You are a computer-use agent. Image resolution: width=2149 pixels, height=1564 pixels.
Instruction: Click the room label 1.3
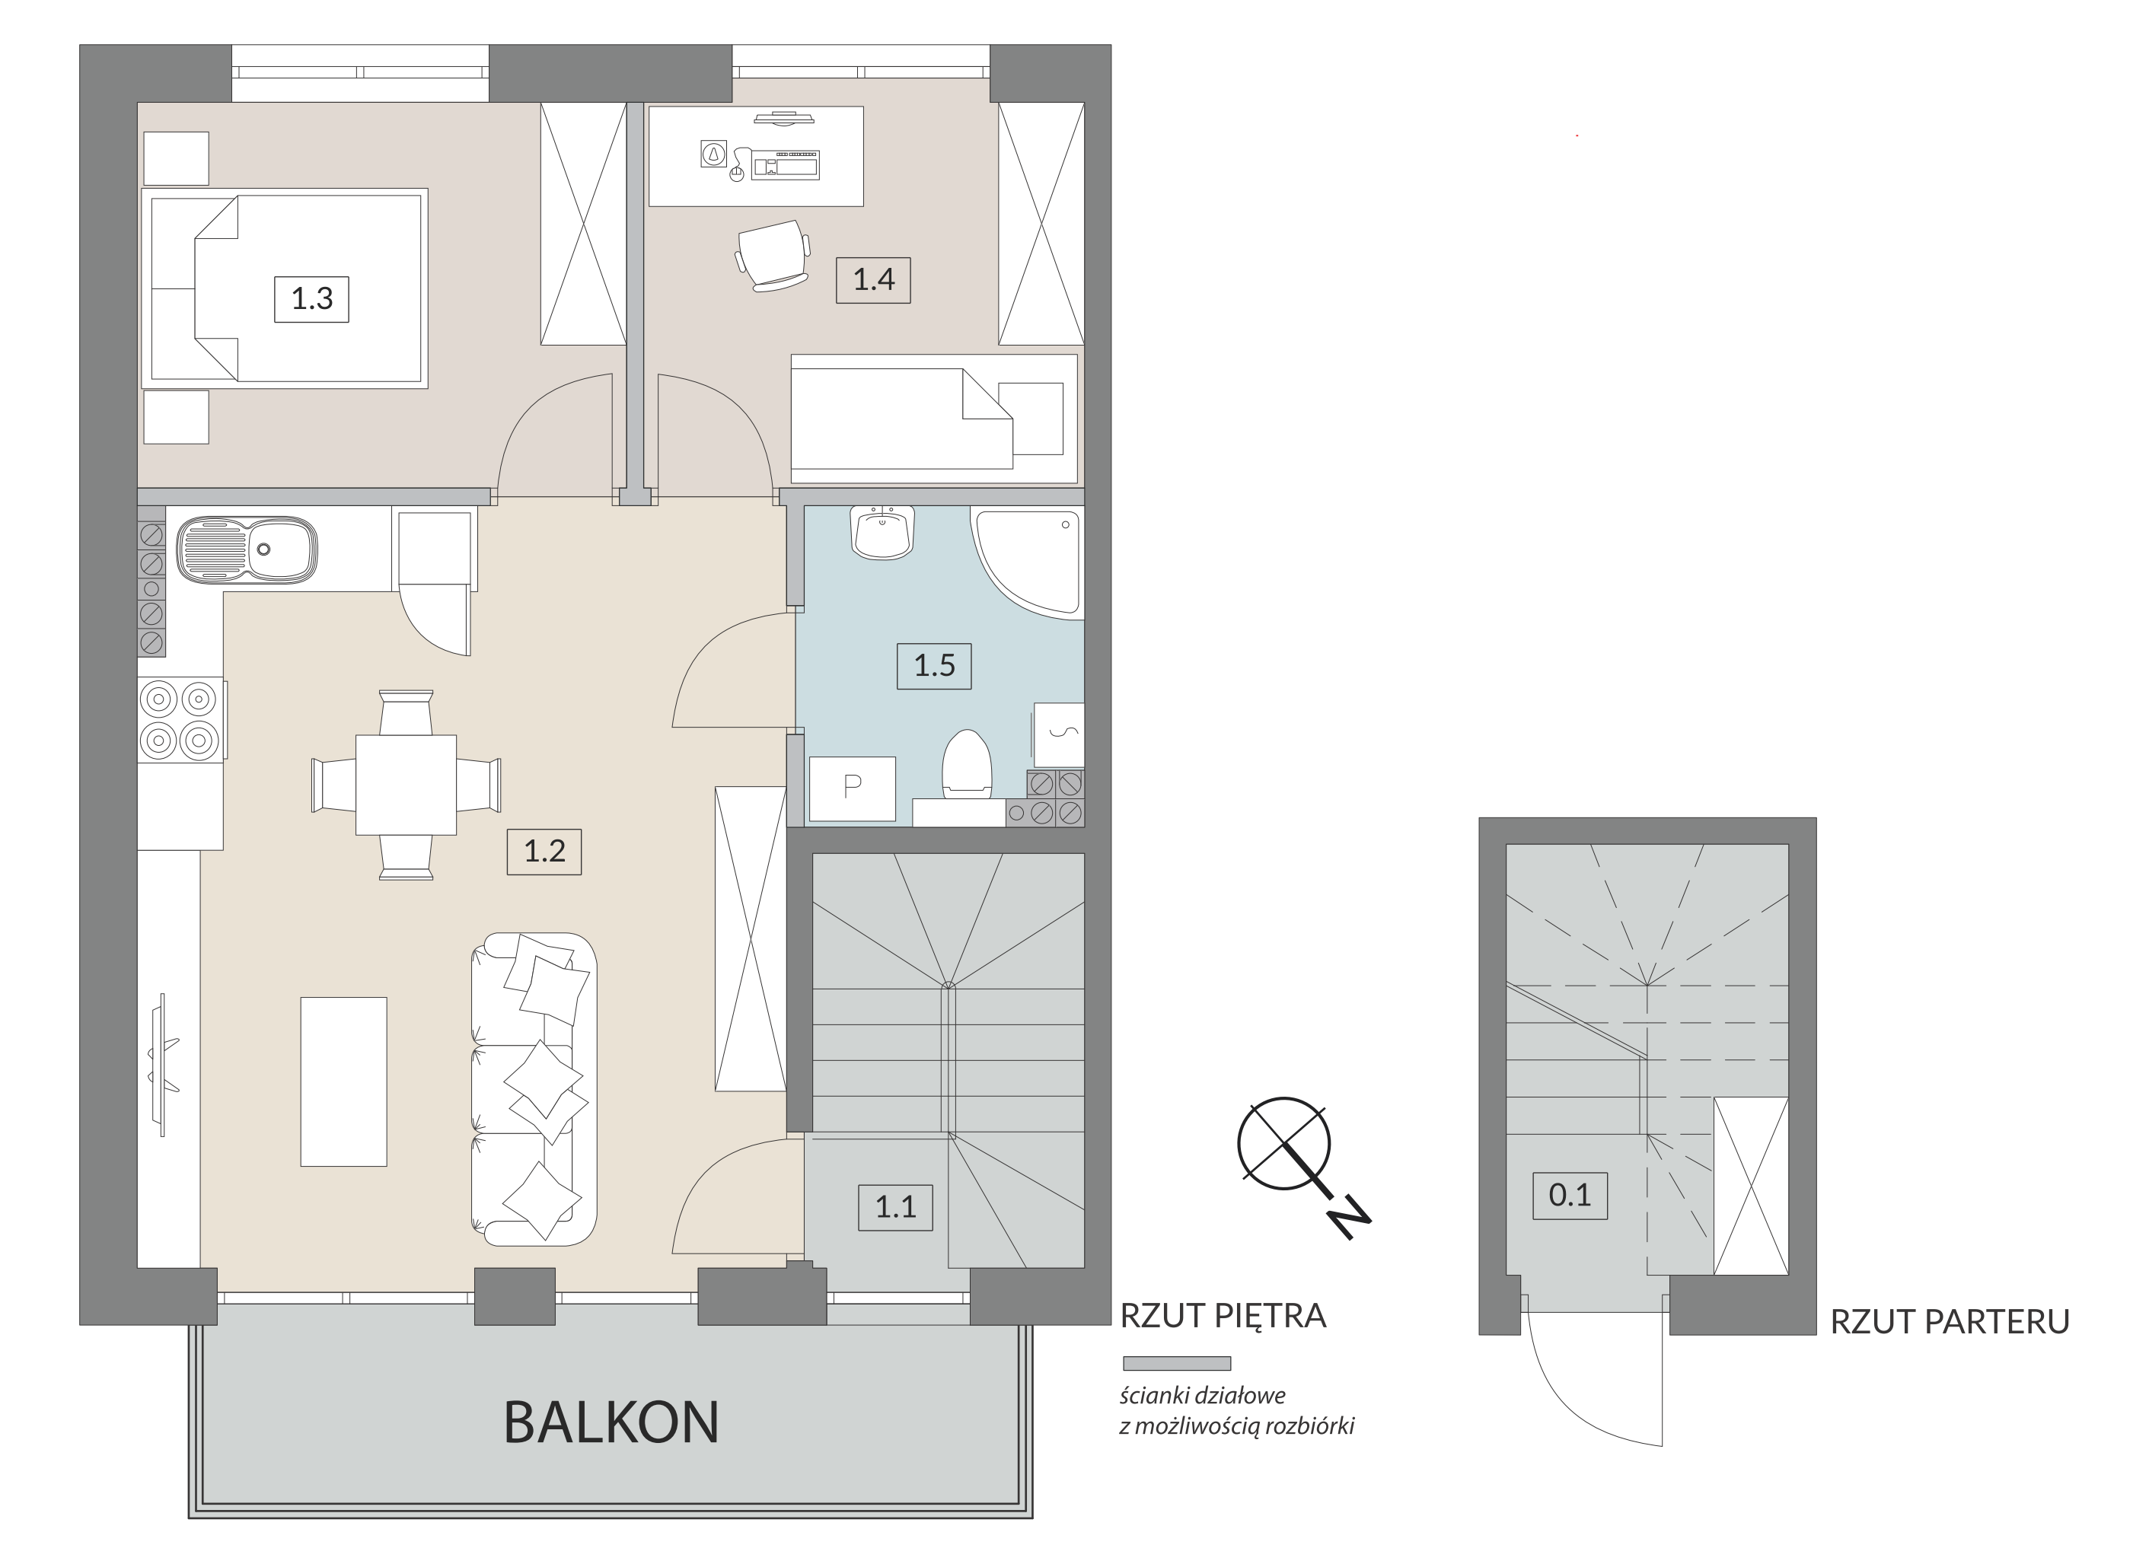pyautogui.click(x=312, y=299)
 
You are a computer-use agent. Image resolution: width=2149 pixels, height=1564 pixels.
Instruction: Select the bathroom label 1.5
pyautogui.click(x=934, y=665)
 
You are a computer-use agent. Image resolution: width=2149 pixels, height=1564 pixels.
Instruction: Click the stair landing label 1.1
pyautogui.click(x=895, y=1207)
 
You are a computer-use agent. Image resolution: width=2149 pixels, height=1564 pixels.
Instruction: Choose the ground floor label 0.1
pyautogui.click(x=1570, y=1195)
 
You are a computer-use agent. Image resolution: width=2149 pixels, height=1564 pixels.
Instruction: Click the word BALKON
pyautogui.click(x=611, y=1423)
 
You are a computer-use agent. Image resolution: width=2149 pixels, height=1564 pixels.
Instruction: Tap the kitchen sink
pyautogui.click(x=247, y=549)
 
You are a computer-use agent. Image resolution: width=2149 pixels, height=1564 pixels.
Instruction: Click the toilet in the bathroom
pyautogui.click(x=967, y=763)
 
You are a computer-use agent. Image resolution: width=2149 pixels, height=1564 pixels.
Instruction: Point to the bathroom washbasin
pyautogui.click(x=882, y=533)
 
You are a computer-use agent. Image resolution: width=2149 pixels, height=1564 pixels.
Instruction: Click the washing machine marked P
pyautogui.click(x=852, y=788)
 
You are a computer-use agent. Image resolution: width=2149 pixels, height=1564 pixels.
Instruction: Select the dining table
pyautogui.click(x=406, y=785)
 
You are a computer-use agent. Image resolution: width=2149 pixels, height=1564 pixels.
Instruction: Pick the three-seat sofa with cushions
pyautogui.click(x=534, y=1089)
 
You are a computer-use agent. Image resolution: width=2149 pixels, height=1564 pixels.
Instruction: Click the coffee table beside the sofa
pyautogui.click(x=343, y=1081)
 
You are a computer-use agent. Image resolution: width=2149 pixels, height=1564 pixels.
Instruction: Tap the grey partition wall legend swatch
pyautogui.click(x=1177, y=1364)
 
